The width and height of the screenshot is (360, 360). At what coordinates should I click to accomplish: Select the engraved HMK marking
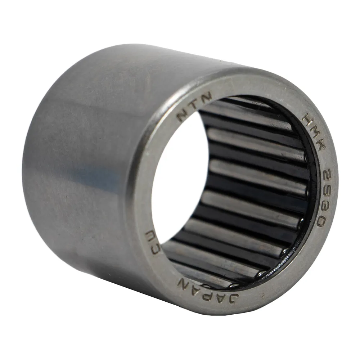coord(314,134)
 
